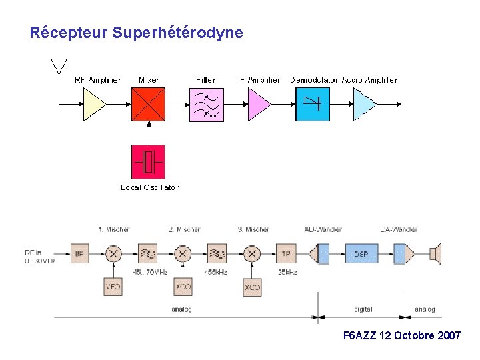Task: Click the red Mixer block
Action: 148,105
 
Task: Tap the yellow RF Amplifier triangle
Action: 93,105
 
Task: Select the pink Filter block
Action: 206,105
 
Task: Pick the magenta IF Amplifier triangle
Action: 257,105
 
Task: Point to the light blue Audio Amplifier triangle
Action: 363,105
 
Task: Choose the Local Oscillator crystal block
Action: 148,161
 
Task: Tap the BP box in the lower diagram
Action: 79,254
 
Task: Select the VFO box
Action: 113,287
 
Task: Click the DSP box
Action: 361,254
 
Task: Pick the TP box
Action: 286,254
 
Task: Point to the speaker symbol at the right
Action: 435,254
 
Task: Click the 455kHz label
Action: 217,272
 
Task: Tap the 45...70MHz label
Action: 147,272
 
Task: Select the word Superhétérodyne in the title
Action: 178,33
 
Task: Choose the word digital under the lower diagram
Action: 363,309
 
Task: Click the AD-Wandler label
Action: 323,230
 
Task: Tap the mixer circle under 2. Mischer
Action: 183,254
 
